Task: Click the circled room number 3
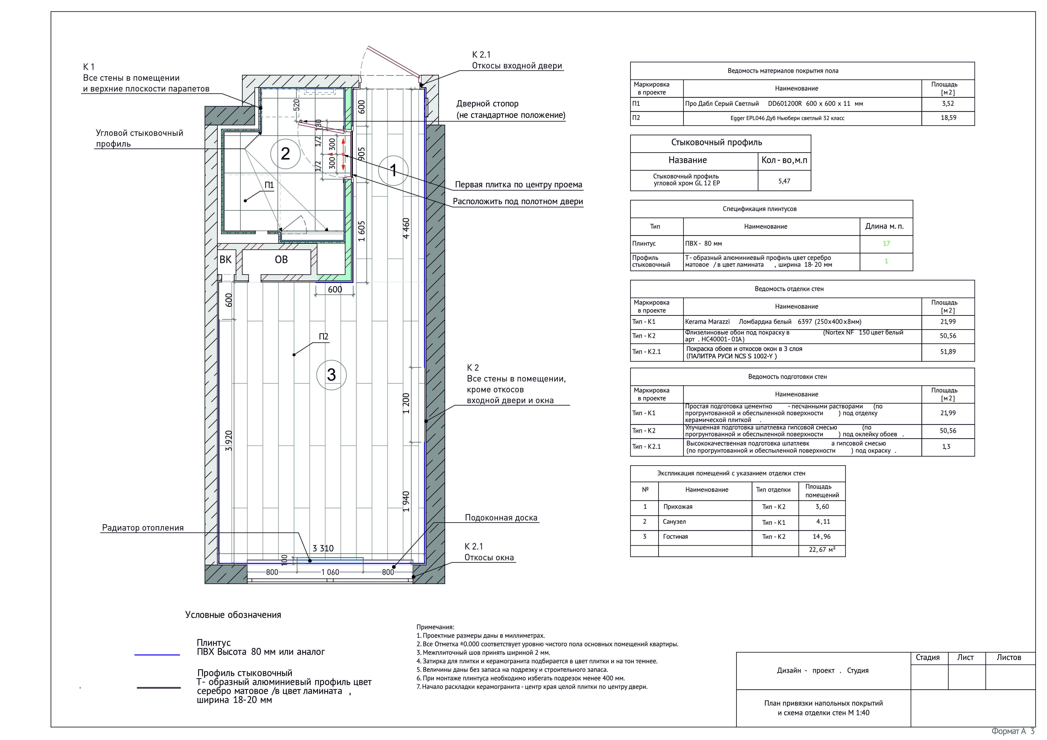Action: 332,375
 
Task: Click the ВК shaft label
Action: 225,259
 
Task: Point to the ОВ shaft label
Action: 281,259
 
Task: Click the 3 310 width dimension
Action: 323,548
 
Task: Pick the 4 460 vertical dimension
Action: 406,228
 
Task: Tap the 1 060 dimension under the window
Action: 330,572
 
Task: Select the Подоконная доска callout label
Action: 501,517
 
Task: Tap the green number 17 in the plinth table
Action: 886,243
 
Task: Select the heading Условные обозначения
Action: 233,615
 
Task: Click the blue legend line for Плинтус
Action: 157,655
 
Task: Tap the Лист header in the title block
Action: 965,657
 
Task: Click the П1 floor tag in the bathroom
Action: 269,185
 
